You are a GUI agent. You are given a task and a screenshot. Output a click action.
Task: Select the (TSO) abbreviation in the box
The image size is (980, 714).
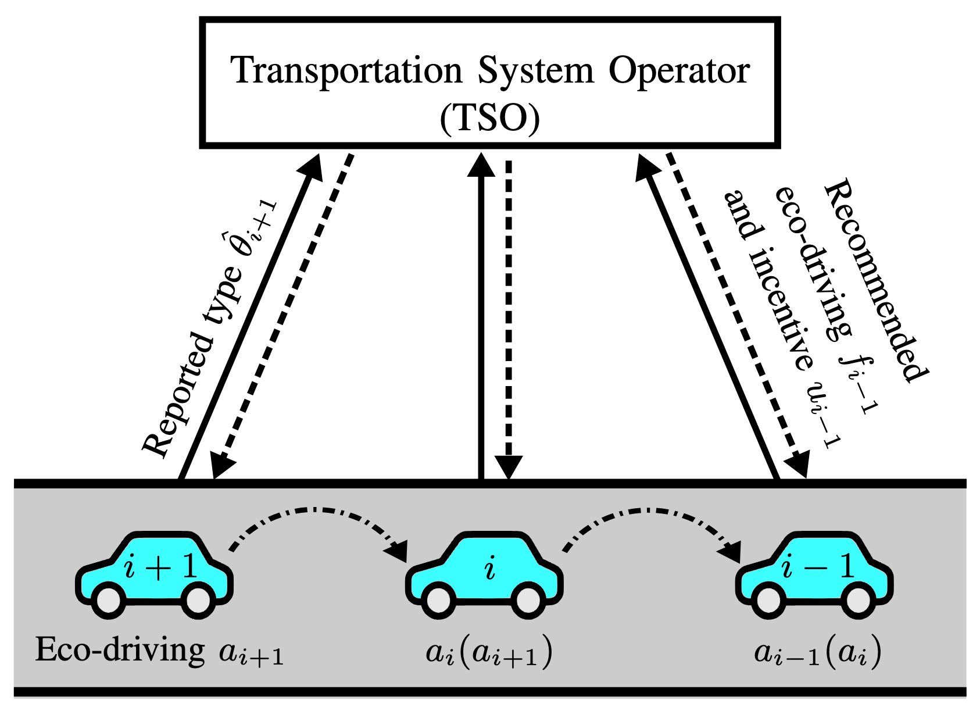pos(490,118)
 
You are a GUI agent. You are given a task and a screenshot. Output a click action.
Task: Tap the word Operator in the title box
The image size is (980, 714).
pos(679,71)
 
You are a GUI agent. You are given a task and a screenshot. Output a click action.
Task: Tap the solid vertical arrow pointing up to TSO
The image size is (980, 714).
pos(481,314)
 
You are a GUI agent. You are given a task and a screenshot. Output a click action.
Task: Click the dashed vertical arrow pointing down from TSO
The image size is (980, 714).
pos(509,314)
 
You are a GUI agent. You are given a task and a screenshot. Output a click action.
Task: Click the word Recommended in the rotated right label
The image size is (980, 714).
pos(875,279)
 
